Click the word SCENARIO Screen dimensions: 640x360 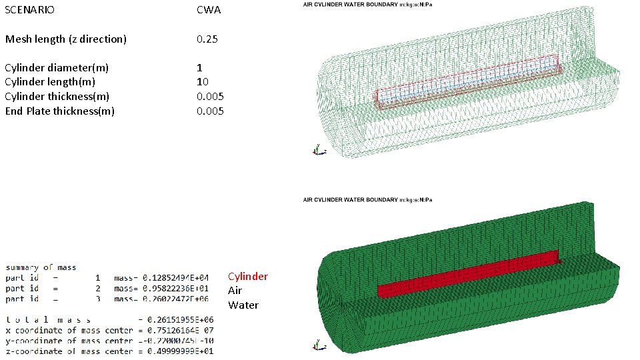(30, 11)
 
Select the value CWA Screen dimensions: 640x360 (209, 11)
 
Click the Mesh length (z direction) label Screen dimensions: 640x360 (65, 39)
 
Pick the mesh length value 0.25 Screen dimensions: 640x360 (208, 39)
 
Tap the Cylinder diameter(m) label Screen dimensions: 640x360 (57, 68)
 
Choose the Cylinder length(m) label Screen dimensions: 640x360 (50, 82)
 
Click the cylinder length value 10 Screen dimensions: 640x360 (203, 82)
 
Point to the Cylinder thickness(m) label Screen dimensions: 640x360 (57, 97)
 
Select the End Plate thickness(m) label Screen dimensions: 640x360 (60, 111)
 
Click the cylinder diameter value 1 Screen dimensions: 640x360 (199, 68)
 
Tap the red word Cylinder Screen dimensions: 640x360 (248, 277)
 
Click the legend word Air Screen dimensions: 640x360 (235, 291)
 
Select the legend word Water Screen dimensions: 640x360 (243, 305)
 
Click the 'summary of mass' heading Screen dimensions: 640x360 (41, 267)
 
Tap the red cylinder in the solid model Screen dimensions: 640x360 (467, 273)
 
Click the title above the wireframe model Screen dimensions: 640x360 (368, 5)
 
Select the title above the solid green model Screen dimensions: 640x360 (368, 200)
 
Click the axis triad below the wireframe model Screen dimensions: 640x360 (319, 151)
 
